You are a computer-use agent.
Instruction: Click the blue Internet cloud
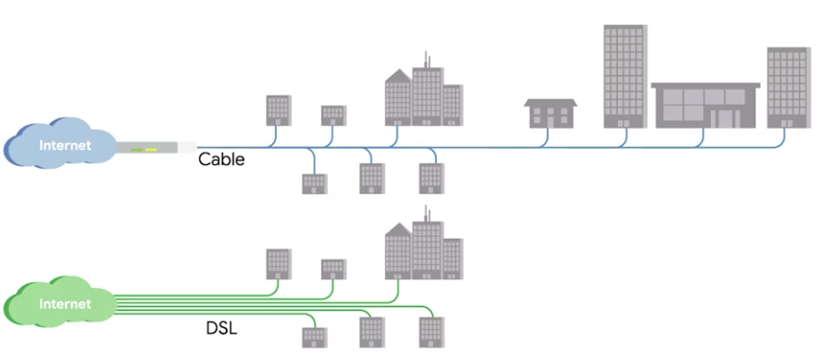click(60, 143)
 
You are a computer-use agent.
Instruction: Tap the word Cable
click(221, 159)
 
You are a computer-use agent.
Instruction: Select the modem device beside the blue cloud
click(156, 148)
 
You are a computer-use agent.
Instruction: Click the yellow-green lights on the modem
click(144, 150)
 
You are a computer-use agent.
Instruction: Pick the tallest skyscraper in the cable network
click(626, 76)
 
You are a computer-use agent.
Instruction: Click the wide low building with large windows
click(705, 105)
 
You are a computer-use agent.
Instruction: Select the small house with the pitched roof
click(551, 114)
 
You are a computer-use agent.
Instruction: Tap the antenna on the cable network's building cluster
click(426, 60)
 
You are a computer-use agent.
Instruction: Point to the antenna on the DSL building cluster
click(426, 213)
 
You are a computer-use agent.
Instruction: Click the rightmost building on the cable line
click(789, 87)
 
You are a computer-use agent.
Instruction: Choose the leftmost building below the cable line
click(315, 184)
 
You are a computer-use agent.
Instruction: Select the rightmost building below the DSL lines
click(432, 333)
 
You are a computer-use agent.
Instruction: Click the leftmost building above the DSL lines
click(279, 264)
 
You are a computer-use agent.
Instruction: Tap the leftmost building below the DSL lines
click(315, 337)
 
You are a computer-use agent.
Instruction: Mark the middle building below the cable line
click(372, 178)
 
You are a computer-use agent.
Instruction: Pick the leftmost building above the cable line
click(279, 110)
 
